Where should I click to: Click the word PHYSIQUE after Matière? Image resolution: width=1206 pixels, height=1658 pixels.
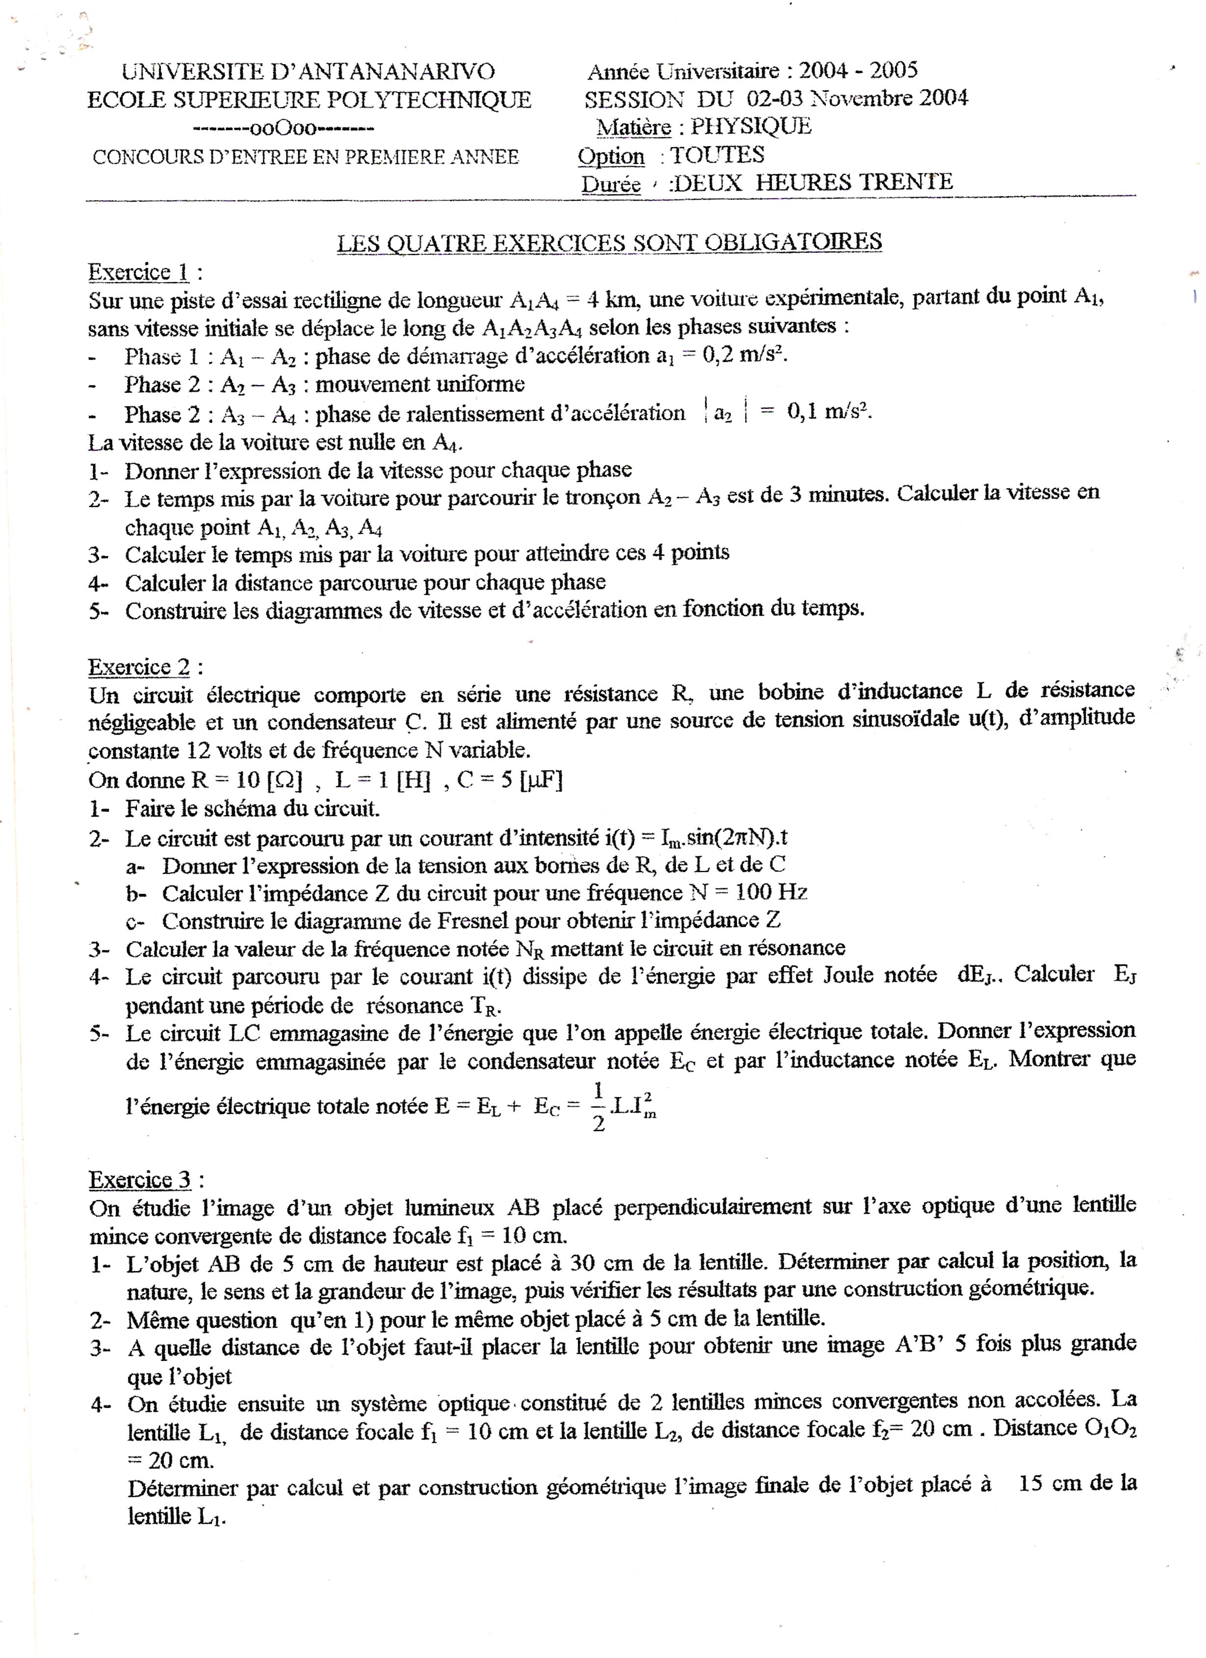pyautogui.click(x=751, y=127)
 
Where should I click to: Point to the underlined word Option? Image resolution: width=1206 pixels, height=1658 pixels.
pyautogui.click(x=611, y=156)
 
